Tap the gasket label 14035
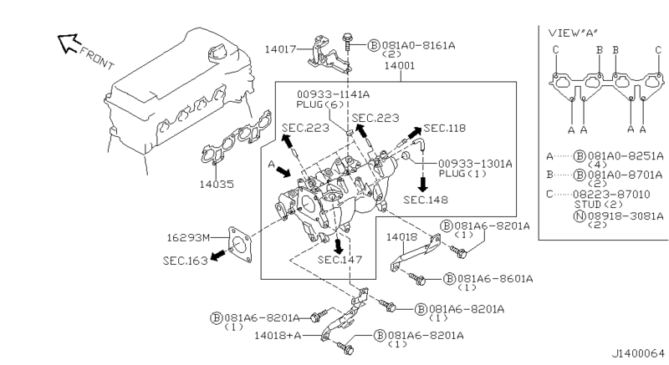(x=216, y=184)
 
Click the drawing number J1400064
(x=637, y=353)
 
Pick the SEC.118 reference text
(x=445, y=128)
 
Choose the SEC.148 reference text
(x=425, y=200)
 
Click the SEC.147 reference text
(x=340, y=260)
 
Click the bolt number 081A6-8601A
(x=495, y=277)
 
